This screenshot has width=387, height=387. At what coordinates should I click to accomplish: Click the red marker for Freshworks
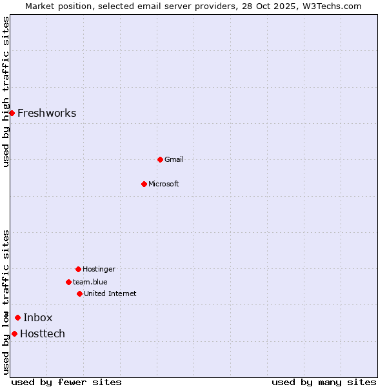12,113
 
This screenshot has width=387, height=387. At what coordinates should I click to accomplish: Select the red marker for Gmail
160,159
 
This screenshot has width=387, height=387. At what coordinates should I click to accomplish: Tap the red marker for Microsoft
144,184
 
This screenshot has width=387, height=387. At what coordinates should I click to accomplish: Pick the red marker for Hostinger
78,269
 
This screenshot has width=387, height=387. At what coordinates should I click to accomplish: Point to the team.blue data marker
68,282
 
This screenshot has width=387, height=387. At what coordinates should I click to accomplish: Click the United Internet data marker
79,293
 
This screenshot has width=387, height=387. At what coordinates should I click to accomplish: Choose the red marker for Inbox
17,317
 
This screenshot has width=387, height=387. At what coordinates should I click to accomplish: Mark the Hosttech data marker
14,333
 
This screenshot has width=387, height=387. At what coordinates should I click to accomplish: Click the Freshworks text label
46,114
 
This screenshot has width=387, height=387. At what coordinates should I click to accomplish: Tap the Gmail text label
174,159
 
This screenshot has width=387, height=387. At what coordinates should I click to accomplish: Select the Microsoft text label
164,184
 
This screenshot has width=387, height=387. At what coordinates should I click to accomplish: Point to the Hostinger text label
99,269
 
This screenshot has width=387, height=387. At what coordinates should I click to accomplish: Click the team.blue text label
90,282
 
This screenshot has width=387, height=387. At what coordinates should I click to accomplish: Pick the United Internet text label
110,293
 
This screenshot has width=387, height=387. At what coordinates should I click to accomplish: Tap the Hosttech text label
43,333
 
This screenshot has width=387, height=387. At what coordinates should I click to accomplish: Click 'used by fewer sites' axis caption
66,382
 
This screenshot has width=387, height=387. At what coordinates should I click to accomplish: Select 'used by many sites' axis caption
324,382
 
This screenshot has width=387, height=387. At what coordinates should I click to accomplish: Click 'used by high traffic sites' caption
6,91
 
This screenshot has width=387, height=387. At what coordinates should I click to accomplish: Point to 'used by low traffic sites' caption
6,302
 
